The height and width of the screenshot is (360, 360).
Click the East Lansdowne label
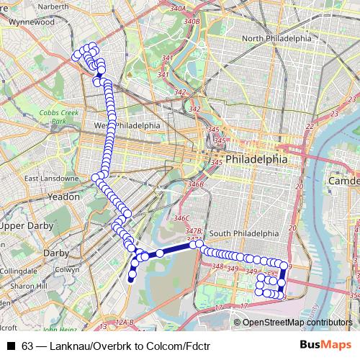click(51, 178)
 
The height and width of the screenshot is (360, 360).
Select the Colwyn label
click(67, 269)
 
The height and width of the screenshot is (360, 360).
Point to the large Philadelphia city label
click(256, 158)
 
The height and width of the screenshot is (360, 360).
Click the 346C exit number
click(181, 217)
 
